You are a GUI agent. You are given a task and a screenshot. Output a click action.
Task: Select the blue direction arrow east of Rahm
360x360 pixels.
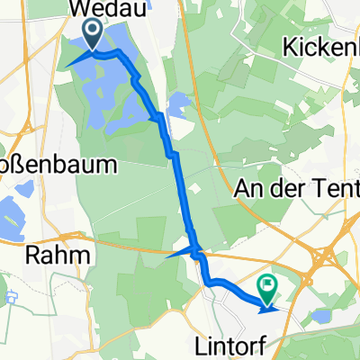pos(181,252)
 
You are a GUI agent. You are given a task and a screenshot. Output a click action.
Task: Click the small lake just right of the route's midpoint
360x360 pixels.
pos(178,106)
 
